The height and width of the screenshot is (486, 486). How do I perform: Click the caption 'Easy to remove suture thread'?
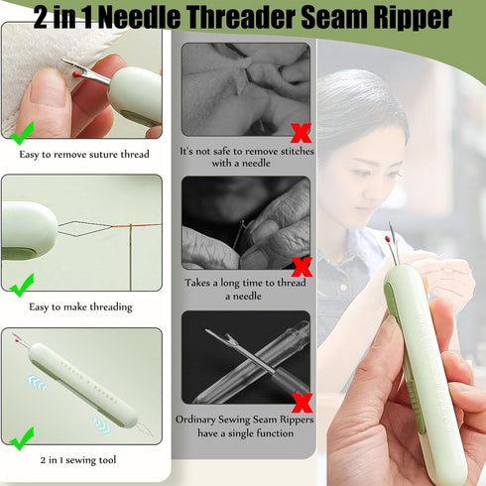coord(83,154)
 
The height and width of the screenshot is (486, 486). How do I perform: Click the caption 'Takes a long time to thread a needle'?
coord(245,289)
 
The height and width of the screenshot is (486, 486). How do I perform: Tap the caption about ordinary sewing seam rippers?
coord(245,425)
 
